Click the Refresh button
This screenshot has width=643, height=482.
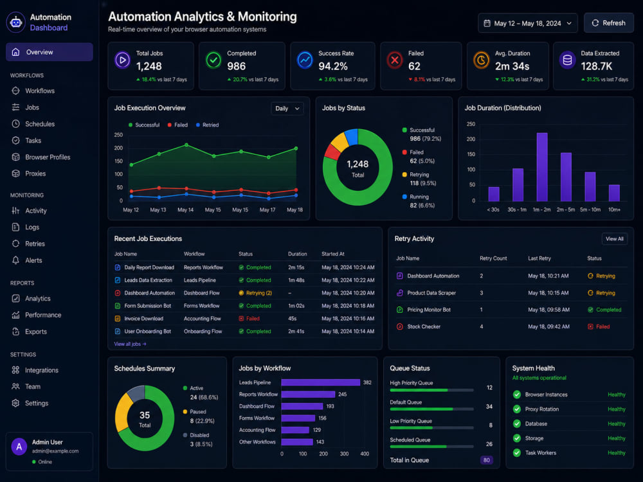point(608,23)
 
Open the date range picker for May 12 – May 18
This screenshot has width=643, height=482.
point(528,23)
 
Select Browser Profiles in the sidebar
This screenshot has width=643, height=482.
point(48,157)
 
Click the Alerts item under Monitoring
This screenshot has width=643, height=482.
point(33,260)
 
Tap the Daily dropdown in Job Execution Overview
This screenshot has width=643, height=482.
point(287,109)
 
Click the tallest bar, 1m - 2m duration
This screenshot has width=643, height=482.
point(541,167)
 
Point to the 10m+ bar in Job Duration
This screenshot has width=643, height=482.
point(614,193)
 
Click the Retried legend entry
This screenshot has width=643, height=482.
point(208,125)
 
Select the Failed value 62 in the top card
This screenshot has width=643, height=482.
point(414,66)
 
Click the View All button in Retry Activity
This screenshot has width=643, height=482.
point(614,239)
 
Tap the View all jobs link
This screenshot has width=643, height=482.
point(130,344)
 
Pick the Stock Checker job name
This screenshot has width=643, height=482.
point(424,326)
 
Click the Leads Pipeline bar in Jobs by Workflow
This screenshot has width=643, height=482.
point(321,382)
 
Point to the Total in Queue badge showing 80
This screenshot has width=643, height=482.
point(486,460)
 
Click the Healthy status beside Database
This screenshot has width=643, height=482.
point(617,424)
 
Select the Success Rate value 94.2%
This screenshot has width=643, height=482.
point(333,66)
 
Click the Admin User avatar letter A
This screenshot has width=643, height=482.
point(19,447)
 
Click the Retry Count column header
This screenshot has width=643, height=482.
point(493,258)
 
